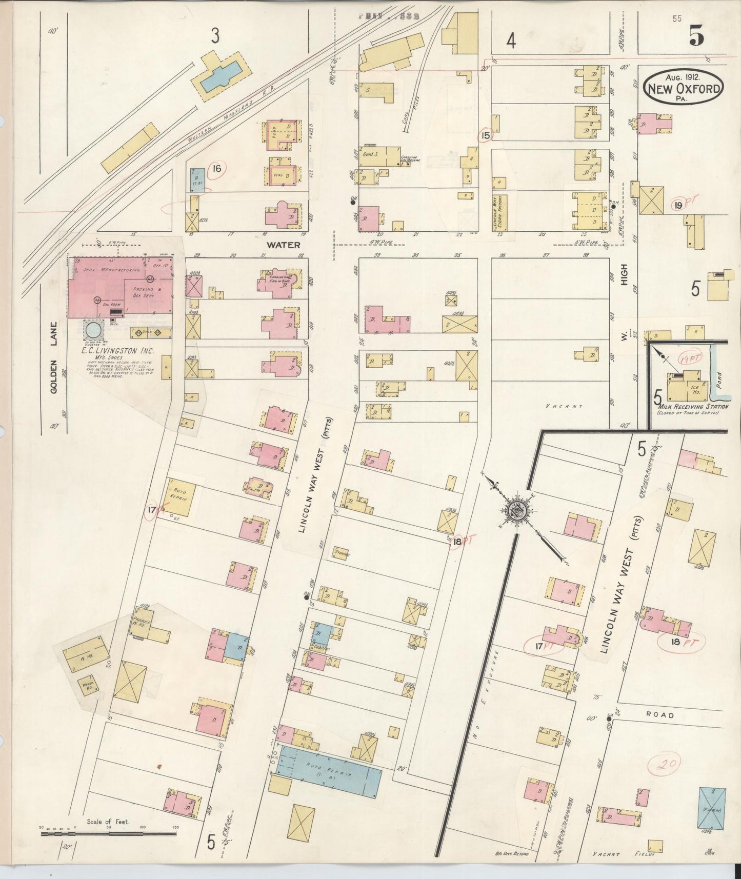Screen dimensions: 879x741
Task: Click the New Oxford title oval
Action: pyautogui.click(x=684, y=88)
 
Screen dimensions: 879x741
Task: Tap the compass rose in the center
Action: pyautogui.click(x=517, y=510)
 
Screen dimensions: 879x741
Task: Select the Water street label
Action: pyautogui.click(x=283, y=245)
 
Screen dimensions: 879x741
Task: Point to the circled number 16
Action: pyautogui.click(x=217, y=168)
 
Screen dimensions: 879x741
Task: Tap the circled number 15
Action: pyautogui.click(x=485, y=135)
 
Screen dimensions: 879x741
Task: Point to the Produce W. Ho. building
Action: pyautogui.click(x=151, y=625)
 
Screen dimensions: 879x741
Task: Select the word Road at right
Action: pyautogui.click(x=660, y=714)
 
